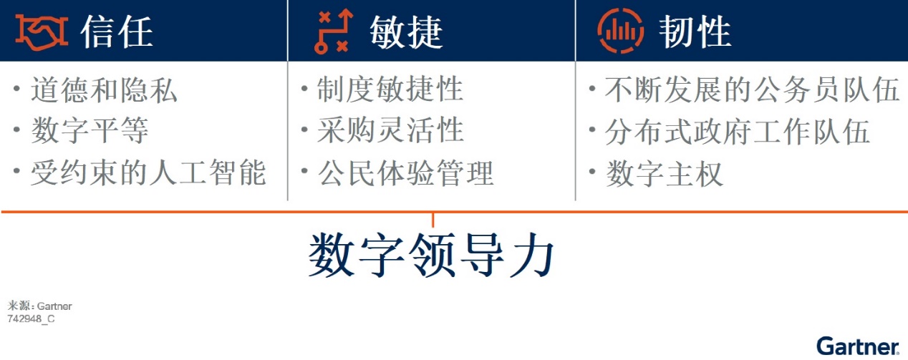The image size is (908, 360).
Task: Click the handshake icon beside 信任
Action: (x=42, y=32)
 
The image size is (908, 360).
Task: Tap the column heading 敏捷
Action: (x=406, y=32)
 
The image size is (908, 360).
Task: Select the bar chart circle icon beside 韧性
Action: (x=620, y=31)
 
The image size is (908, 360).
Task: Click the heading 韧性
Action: (x=695, y=31)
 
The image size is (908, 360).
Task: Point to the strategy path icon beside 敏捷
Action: (x=334, y=31)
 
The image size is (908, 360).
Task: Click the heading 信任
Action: (x=116, y=31)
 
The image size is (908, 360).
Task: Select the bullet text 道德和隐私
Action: (x=104, y=89)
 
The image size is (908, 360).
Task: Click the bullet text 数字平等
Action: (x=90, y=130)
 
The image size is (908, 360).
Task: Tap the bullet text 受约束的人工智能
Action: (x=148, y=172)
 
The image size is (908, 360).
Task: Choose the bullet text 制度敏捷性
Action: (x=390, y=89)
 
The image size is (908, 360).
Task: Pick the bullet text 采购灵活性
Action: (x=390, y=130)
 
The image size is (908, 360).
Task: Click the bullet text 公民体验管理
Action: (x=405, y=172)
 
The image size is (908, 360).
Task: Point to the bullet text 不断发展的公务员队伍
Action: (x=753, y=89)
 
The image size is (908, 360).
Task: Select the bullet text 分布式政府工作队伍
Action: (x=738, y=132)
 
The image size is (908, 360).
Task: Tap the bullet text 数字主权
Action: (x=664, y=174)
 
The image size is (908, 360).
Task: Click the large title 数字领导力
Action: (x=431, y=255)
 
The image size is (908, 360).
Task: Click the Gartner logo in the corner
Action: (x=858, y=346)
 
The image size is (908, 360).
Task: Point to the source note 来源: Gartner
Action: (x=39, y=306)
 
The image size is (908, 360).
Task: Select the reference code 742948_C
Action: (x=31, y=318)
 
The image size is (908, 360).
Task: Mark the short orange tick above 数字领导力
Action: (x=433, y=220)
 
